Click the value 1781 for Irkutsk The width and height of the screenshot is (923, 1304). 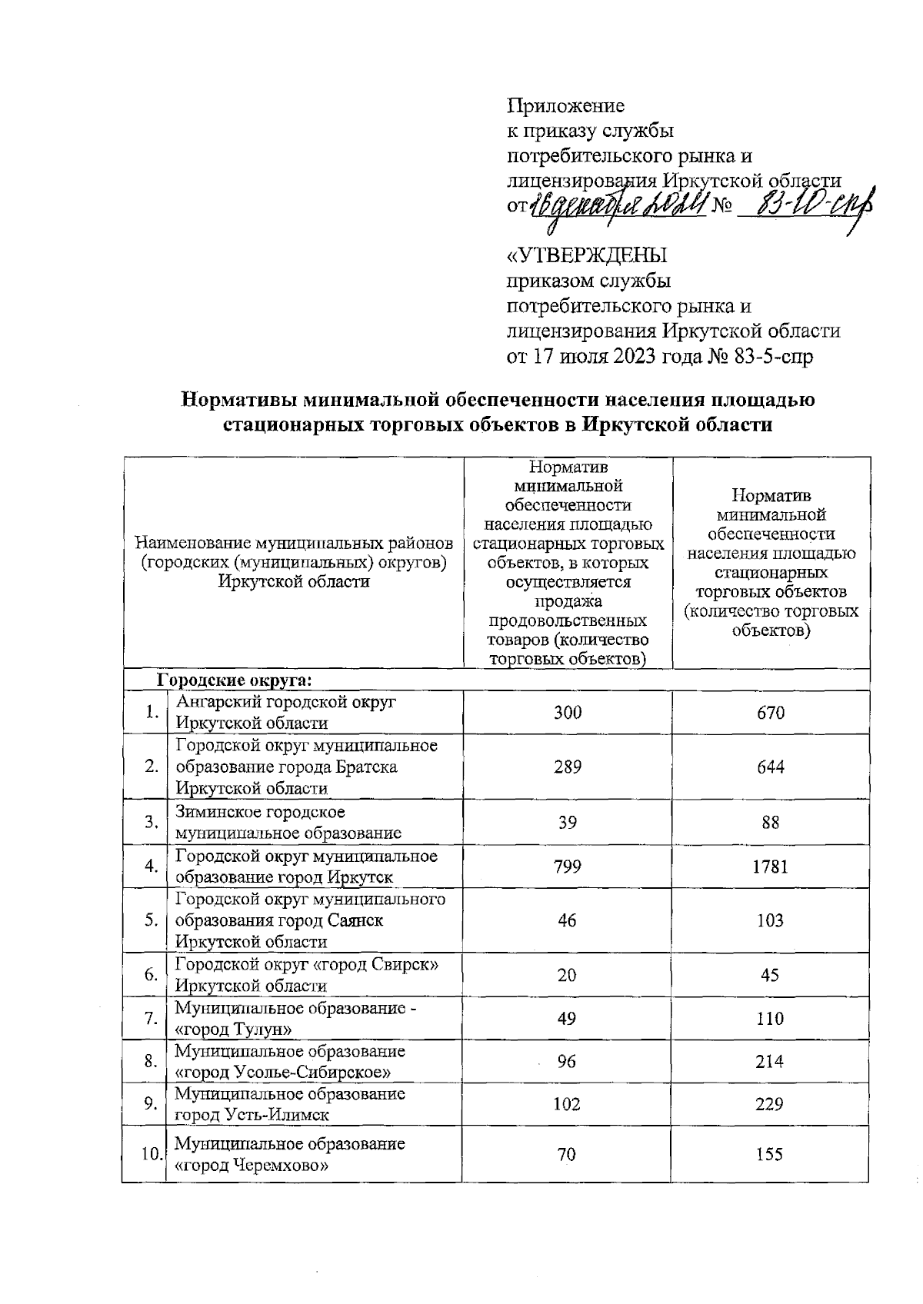point(770,867)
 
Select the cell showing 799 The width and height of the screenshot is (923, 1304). point(567,867)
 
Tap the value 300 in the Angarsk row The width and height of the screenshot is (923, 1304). point(567,713)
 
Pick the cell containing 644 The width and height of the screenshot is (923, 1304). point(770,767)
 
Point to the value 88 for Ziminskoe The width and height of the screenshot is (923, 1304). point(770,823)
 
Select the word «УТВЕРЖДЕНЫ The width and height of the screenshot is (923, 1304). point(588,254)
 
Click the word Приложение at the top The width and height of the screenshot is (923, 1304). point(565,105)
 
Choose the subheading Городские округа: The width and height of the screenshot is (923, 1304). point(234,680)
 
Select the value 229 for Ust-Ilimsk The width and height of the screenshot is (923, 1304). point(770,1104)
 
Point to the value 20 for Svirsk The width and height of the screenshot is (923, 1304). point(567,975)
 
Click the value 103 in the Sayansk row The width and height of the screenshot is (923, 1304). point(770,920)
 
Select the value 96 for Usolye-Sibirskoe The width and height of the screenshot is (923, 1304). point(567,1061)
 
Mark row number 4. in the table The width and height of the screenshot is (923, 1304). point(152,867)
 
